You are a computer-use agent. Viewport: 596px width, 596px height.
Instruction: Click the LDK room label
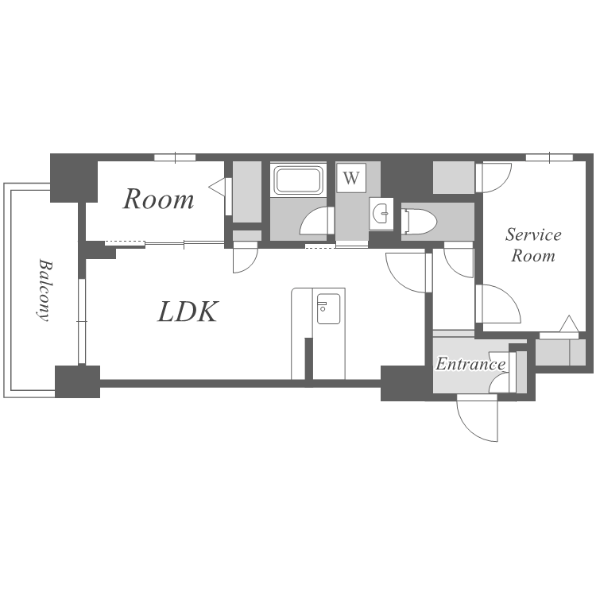188,312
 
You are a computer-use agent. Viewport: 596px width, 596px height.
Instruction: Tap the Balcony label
45,290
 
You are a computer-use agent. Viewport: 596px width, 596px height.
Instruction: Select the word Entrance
470,364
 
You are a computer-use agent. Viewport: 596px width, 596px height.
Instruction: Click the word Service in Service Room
533,234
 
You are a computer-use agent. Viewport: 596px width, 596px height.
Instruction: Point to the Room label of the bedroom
158,199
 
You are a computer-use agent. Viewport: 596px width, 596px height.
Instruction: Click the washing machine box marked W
351,177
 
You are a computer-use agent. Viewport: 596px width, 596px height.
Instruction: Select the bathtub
298,180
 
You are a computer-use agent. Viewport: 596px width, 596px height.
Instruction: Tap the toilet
420,221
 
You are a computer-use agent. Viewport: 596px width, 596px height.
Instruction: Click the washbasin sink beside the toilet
381,214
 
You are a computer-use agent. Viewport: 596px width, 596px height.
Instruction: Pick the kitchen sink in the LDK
329,308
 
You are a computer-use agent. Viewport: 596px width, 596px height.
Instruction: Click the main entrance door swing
478,418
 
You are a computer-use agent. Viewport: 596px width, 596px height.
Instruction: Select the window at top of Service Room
550,157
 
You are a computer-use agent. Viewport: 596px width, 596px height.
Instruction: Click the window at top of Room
175,157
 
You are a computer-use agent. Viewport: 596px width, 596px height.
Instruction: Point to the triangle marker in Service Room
569,324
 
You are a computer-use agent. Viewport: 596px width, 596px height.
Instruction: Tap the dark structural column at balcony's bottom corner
78,381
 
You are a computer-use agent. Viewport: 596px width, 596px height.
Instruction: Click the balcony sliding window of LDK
82,322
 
